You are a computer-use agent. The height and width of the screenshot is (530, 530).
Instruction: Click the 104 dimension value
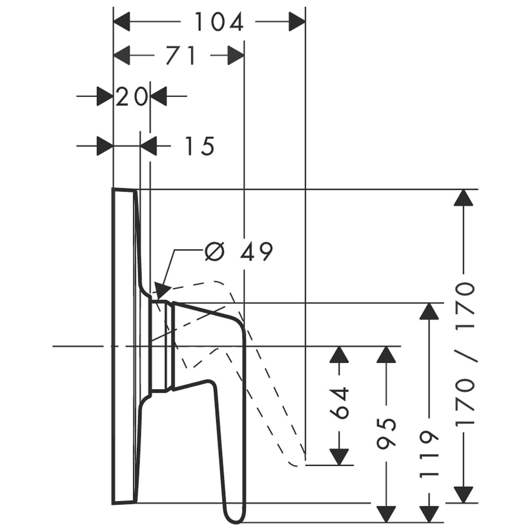[x=219, y=22]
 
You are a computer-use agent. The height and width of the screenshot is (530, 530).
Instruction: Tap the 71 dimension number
[x=181, y=55]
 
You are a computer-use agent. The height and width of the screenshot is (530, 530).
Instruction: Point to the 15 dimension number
[x=200, y=146]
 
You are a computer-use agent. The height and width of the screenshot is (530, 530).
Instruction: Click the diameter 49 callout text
[x=239, y=251]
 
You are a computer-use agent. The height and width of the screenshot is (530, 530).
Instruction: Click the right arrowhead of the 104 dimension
[x=297, y=22]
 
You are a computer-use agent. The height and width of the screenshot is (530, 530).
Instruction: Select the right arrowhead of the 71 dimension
[x=236, y=55]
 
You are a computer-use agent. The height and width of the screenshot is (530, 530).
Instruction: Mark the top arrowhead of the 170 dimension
[x=464, y=197]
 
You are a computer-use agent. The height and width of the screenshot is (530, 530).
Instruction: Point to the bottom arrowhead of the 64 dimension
[x=339, y=457]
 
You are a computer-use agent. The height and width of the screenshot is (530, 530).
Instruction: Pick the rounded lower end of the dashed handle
[x=296, y=464]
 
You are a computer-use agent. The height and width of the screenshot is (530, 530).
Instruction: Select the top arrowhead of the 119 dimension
[x=429, y=311]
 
